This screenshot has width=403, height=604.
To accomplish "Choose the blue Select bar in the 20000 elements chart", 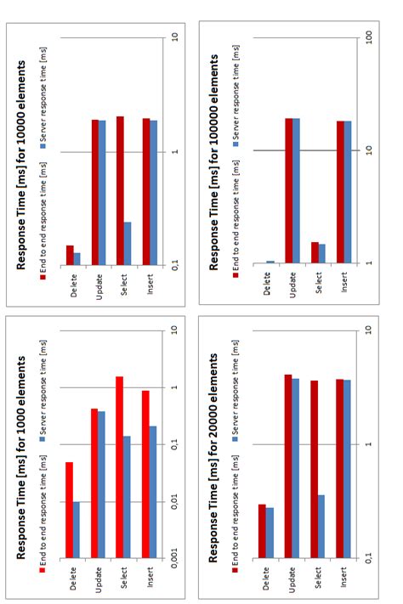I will [321, 527].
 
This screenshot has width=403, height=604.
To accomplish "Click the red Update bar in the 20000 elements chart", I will [287, 466].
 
